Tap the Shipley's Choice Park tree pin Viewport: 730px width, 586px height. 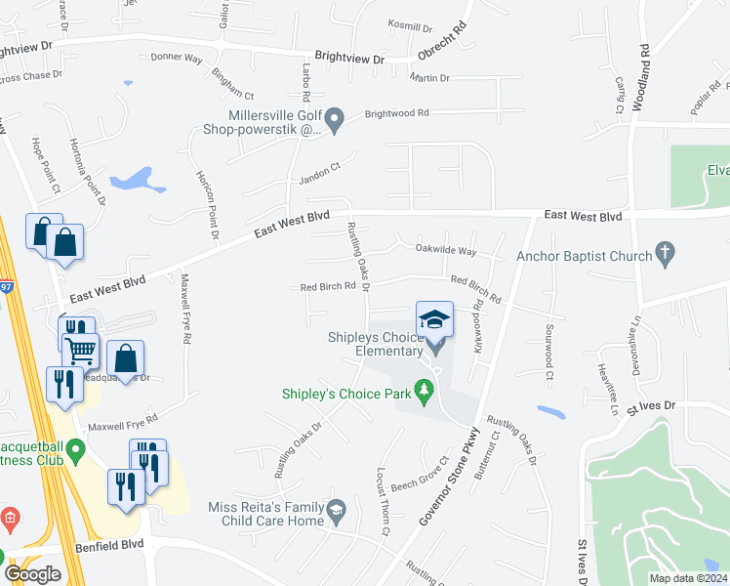[x=424, y=392]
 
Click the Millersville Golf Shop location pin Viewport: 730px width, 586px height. [x=335, y=122]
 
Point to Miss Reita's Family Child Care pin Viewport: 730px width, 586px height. [x=336, y=509]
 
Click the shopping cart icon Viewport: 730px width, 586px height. [x=80, y=347]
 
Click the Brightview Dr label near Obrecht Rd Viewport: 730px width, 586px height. [x=349, y=60]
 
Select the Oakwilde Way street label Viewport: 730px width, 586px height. [x=446, y=251]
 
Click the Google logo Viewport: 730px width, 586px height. [x=32, y=573]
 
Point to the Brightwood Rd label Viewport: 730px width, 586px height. [x=397, y=113]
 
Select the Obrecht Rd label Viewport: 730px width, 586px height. [x=443, y=41]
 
